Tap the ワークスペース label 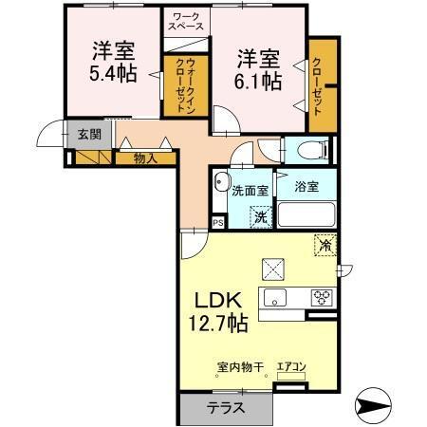click(186, 23)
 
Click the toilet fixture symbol click(310, 150)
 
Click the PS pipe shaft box click(218, 223)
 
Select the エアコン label click(290, 368)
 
